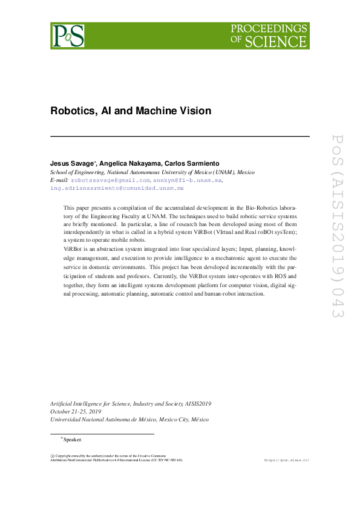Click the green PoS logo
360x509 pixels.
(68, 36)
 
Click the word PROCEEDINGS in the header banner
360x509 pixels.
(269, 30)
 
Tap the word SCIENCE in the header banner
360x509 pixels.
(283, 42)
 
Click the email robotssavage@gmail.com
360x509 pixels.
(110, 180)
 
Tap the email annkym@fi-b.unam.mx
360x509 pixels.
(188, 180)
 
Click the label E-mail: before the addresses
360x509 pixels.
(59, 180)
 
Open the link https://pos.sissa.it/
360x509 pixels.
(287, 460)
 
